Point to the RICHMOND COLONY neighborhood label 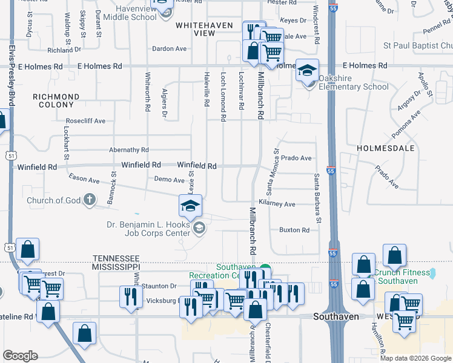pos(56,101)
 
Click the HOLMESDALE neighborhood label pos(385,148)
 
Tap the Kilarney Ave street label pos(277,204)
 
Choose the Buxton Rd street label pos(294,230)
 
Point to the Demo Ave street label pos(169,180)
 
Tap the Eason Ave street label pos(84,180)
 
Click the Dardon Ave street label pos(170,49)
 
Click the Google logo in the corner pos(20,356)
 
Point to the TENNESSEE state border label pos(117,258)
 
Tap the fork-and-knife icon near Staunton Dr pos(131,296)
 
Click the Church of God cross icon pos(89,199)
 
